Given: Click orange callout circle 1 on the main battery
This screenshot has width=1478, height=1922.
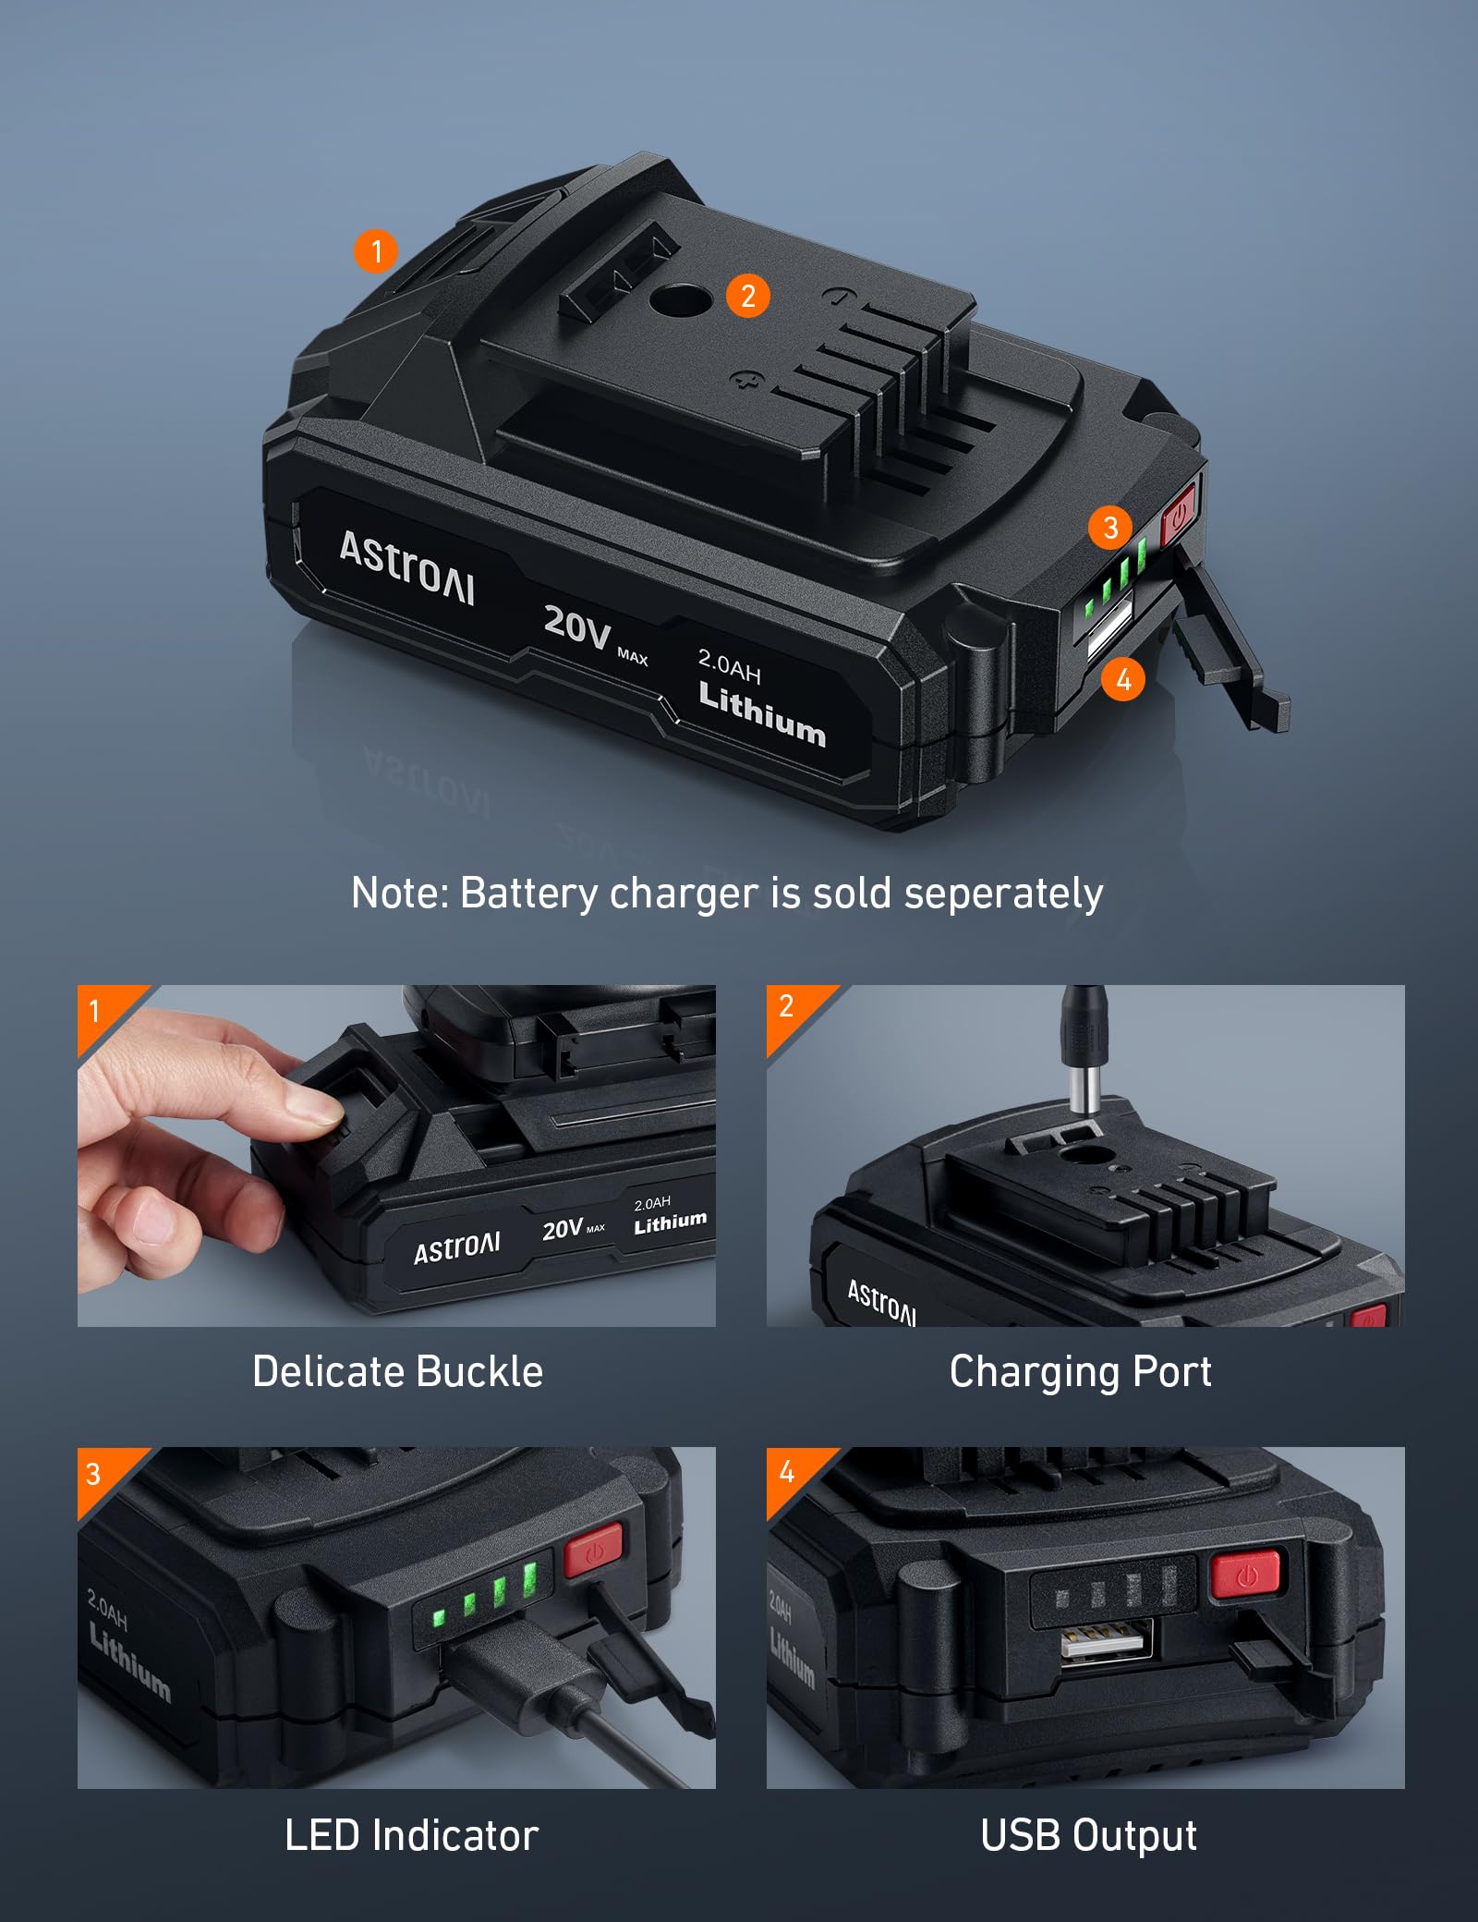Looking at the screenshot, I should click(x=376, y=250).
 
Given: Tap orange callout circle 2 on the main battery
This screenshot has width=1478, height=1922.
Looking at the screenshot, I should click(x=747, y=296).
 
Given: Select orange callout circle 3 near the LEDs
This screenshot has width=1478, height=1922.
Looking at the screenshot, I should click(x=1110, y=527).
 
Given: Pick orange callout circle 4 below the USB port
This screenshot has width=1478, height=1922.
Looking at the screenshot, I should click(x=1123, y=680).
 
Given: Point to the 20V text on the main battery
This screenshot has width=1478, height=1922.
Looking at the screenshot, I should click(x=577, y=626).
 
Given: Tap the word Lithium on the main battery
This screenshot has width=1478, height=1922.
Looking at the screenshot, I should click(x=762, y=713).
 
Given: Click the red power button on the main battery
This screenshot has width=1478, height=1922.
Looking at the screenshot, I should click(x=1179, y=511).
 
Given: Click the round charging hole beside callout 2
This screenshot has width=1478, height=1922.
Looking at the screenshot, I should click(x=681, y=299).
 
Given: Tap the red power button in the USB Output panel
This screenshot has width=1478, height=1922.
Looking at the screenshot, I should click(x=1244, y=1575).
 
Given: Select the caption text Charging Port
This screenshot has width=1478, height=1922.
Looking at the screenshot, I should click(x=1080, y=1371).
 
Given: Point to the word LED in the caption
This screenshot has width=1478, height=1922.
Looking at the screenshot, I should click(x=321, y=1835).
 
